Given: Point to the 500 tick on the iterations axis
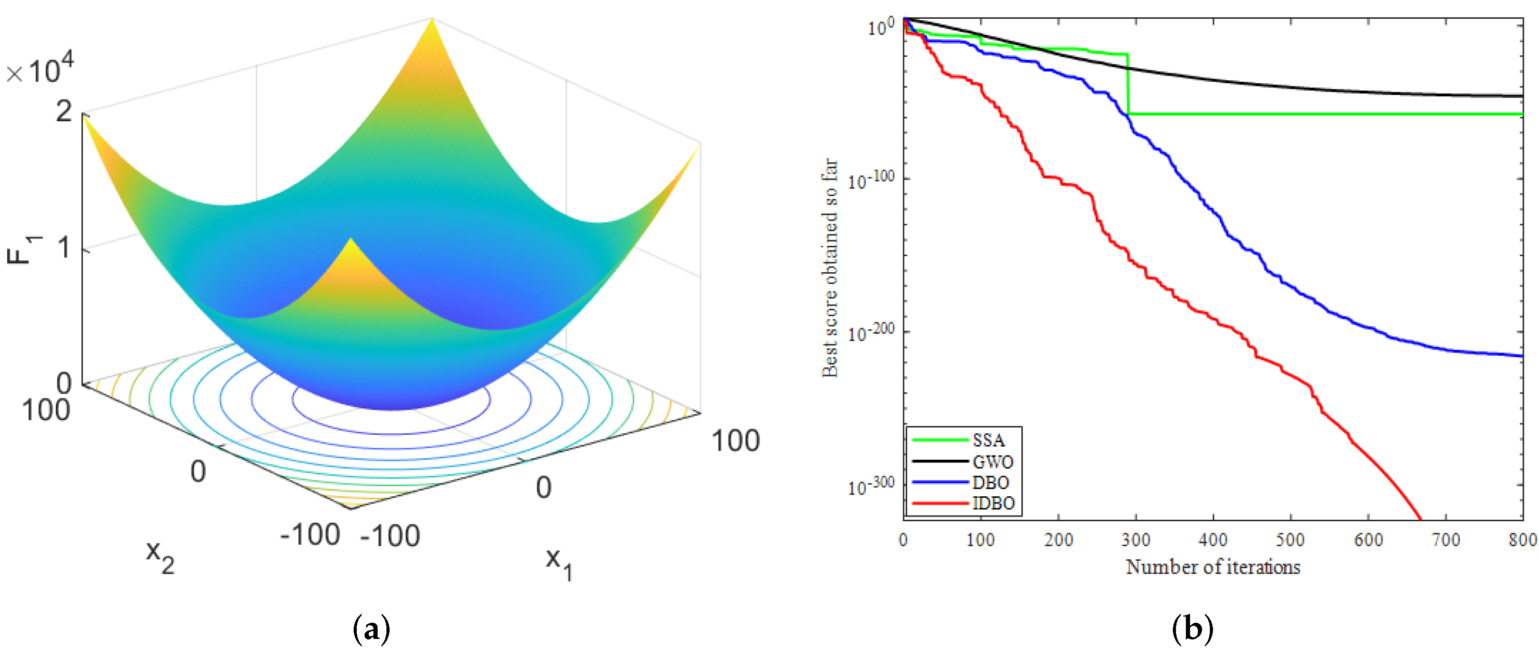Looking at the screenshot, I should click(1291, 540).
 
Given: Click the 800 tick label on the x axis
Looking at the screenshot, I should click(1522, 540).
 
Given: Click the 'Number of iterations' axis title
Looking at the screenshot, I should click(1213, 567).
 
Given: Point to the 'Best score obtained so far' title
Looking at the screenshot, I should click(830, 268).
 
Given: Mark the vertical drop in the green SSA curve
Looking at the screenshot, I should click(1128, 84).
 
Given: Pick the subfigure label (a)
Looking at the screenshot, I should click(372, 628).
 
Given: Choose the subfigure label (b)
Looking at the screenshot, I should click(1193, 628).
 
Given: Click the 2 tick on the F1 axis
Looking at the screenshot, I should click(64, 111).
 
